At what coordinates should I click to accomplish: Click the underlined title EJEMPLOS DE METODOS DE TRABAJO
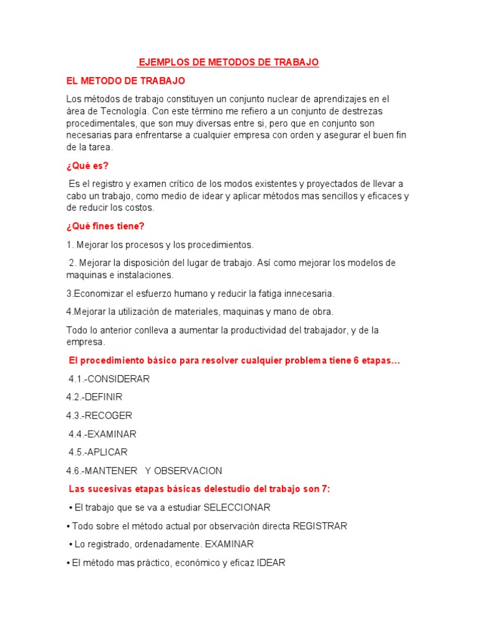228,63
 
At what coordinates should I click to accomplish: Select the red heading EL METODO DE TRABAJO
125,81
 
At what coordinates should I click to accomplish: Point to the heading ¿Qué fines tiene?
105,226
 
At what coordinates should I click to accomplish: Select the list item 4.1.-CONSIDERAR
109,379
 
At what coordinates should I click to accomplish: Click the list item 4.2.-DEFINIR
94,397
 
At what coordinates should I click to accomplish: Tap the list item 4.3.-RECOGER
99,416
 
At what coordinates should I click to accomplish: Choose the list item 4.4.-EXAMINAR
102,434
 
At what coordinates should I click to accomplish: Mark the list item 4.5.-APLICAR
98,452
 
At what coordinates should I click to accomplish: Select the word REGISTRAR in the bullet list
319,526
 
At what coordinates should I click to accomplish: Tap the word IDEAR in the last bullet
271,563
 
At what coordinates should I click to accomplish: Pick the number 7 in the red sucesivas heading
325,489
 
